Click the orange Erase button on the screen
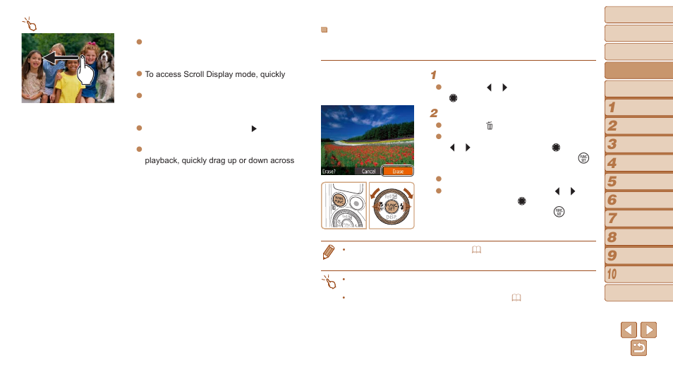click(x=397, y=172)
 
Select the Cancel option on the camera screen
click(x=368, y=172)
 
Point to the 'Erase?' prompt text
click(x=329, y=172)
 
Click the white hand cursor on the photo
click(x=85, y=70)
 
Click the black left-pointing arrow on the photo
click(x=61, y=58)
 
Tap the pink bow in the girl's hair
click(x=92, y=43)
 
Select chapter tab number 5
click(x=638, y=182)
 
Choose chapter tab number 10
click(x=638, y=274)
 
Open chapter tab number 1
click(x=638, y=107)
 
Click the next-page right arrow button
click(x=648, y=330)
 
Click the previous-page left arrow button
click(x=629, y=330)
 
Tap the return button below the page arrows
click(x=638, y=348)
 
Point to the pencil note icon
click(x=328, y=252)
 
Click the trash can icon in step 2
click(x=490, y=126)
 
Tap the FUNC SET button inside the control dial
click(x=392, y=207)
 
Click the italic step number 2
click(x=434, y=113)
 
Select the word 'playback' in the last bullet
click(x=162, y=160)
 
